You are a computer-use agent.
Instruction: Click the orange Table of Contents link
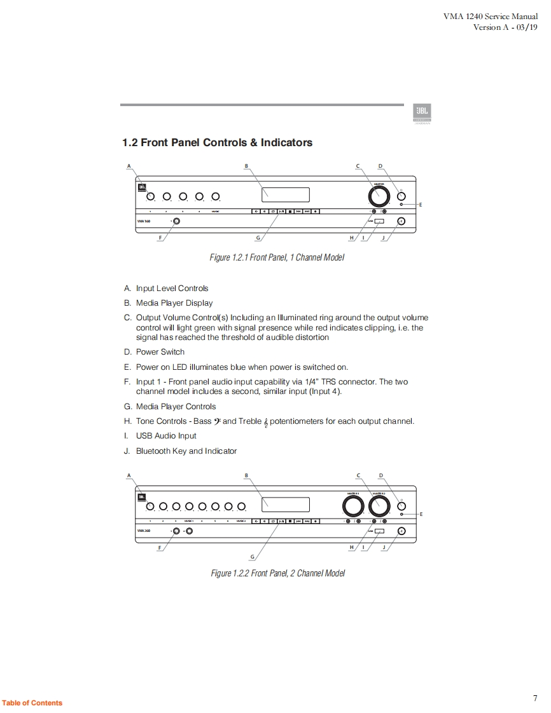(x=32, y=703)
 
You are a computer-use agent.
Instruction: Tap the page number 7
(x=535, y=698)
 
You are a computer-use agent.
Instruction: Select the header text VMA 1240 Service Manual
(x=491, y=17)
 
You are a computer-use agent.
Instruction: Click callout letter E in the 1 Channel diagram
(x=421, y=205)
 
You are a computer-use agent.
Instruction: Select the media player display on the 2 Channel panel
(x=286, y=505)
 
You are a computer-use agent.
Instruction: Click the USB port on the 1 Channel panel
(x=379, y=221)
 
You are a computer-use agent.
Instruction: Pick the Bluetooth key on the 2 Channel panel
(x=401, y=531)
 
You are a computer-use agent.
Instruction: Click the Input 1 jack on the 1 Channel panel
(x=176, y=221)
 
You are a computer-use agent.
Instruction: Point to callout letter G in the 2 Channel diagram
(x=253, y=557)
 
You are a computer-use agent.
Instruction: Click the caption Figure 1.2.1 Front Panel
(x=277, y=258)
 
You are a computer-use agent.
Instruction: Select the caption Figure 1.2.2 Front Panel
(x=278, y=573)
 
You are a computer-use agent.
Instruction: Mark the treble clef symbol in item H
(x=265, y=422)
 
